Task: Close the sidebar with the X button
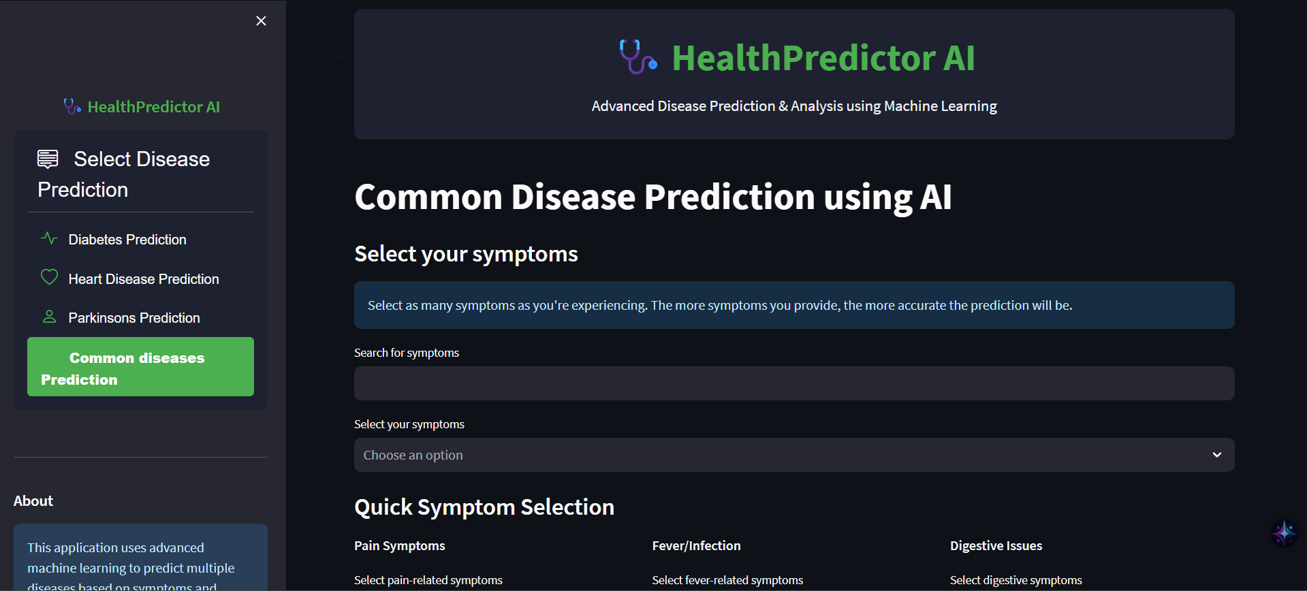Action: point(261,21)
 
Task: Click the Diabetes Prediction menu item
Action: point(127,240)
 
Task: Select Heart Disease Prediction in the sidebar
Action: point(144,279)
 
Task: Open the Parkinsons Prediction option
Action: point(134,318)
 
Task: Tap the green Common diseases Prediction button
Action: point(140,367)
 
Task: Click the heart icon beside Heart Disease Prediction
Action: point(49,277)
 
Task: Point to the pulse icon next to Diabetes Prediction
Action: point(49,238)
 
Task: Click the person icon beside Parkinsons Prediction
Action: point(49,317)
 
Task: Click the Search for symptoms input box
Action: point(793,383)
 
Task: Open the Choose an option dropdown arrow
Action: point(1216,455)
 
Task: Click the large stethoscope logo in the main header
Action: point(637,57)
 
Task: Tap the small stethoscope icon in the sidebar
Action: point(72,106)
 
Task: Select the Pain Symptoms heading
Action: point(399,545)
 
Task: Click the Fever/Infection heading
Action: point(696,545)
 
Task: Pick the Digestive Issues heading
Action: point(996,545)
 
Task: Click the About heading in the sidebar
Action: point(33,501)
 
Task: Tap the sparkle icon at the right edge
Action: point(1284,533)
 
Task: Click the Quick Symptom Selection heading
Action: point(484,507)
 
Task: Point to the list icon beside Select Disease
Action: point(48,159)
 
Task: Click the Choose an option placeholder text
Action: point(413,455)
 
